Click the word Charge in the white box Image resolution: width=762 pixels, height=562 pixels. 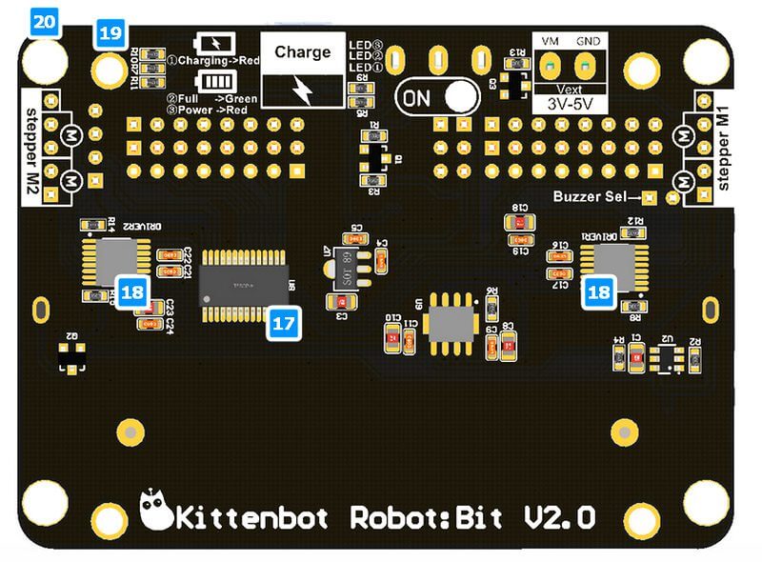pos(303,52)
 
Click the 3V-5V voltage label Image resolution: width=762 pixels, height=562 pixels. pos(568,104)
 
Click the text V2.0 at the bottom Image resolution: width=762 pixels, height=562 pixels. pos(560,517)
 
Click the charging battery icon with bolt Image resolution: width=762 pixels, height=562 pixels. pos(211,43)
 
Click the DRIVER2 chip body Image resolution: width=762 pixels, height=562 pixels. pos(115,261)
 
